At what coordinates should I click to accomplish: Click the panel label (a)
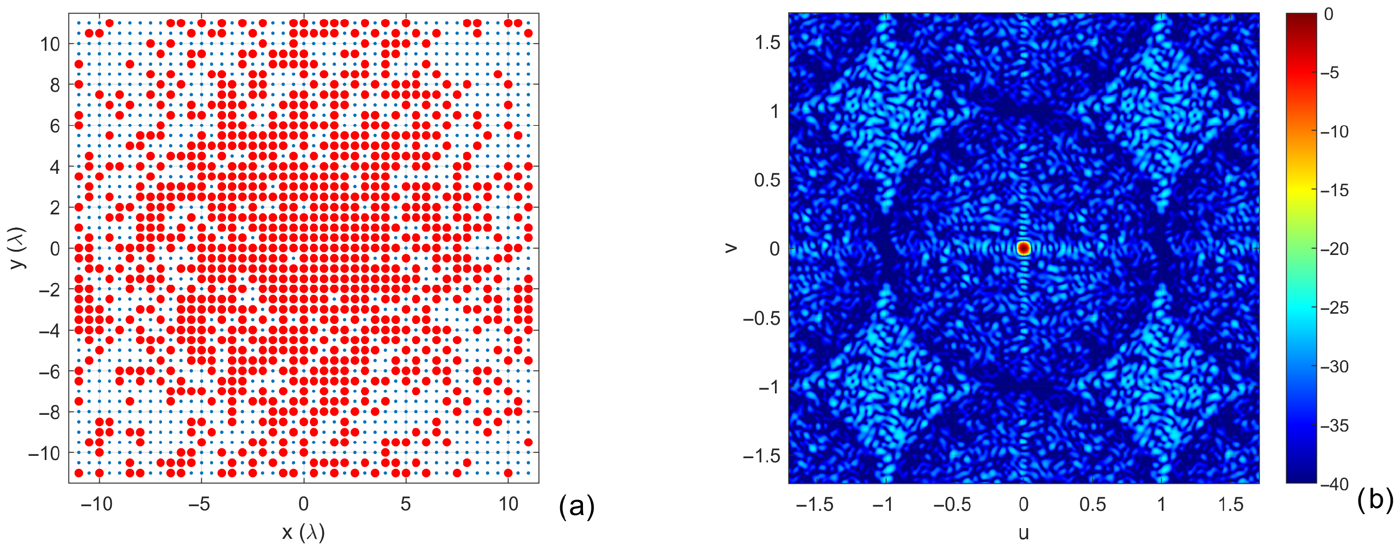[x=576, y=506]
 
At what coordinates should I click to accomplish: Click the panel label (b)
[x=1375, y=500]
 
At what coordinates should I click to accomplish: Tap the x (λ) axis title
[x=303, y=533]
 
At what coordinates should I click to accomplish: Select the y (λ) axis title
[x=17, y=248]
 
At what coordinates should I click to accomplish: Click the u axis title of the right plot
[x=1023, y=533]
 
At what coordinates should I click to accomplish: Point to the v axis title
[x=731, y=248]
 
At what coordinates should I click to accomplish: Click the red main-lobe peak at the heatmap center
[x=1023, y=248]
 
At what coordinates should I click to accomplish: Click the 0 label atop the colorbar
[x=1328, y=14]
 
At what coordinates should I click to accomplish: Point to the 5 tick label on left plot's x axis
[x=405, y=504]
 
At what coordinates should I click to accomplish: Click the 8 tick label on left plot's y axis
[x=55, y=85]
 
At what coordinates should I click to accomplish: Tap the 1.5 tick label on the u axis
[x=1230, y=504]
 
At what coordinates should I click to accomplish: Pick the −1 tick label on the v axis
[x=769, y=386]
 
